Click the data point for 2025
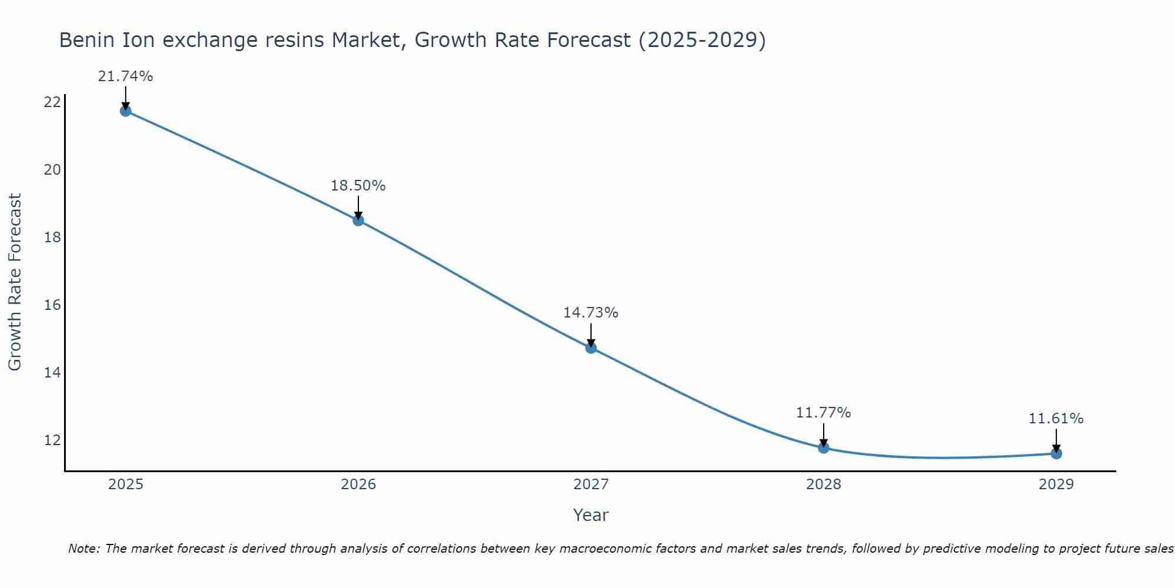125,111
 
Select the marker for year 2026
358,220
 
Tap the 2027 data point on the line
590,348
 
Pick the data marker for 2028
823,448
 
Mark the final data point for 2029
1056,453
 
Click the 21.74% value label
125,76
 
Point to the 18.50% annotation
358,186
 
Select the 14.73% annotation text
590,313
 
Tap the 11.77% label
823,413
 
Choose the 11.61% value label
1056,419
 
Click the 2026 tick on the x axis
358,485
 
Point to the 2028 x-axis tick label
823,485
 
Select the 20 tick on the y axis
52,170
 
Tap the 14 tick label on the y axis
52,373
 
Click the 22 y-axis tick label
52,102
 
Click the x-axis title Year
590,515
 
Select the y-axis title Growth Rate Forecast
15,282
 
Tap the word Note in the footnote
84,549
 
